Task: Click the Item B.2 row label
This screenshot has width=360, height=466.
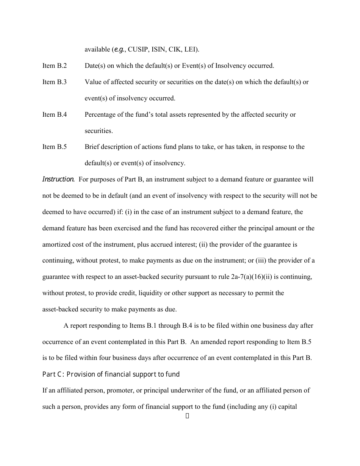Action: click(54, 66)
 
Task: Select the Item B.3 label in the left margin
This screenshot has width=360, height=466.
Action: click(54, 82)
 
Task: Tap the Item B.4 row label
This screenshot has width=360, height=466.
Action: click(54, 114)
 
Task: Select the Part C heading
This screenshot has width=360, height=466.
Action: click(111, 374)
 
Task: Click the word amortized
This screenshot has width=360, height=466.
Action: click(56, 244)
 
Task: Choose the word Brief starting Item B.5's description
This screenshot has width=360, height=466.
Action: click(92, 147)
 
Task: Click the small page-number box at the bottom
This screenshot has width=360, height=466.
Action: click(187, 416)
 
